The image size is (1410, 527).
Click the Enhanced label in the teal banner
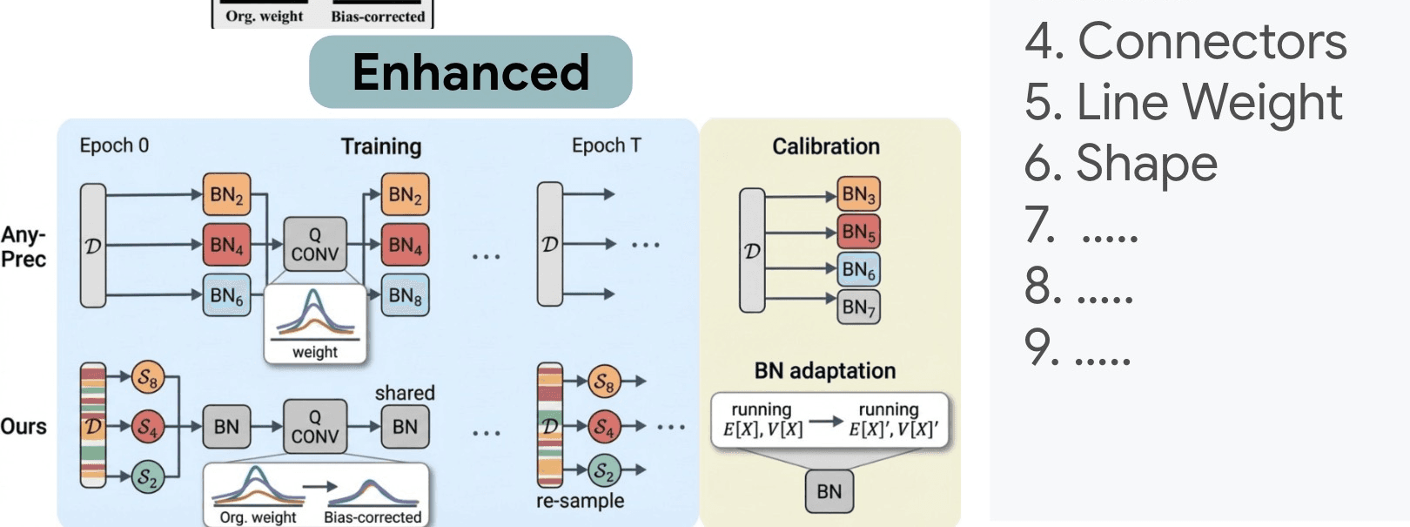tap(471, 72)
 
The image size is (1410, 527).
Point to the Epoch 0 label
tap(114, 145)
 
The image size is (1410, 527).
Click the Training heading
tap(380, 146)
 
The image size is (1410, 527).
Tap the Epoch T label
tap(606, 145)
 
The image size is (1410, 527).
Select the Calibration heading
tap(826, 146)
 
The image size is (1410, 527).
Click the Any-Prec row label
tap(23, 247)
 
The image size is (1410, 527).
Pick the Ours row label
tap(23, 427)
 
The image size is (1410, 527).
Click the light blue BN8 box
tap(406, 296)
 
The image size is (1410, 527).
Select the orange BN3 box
tap(858, 195)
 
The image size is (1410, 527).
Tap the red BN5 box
tap(858, 233)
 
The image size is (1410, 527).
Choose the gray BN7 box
tap(858, 307)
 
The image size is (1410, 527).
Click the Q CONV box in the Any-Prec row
tap(315, 245)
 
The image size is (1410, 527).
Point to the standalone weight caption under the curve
tap(314, 352)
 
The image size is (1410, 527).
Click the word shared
tap(405, 393)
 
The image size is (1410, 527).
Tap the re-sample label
tap(580, 501)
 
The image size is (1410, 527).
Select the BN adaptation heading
tap(824, 371)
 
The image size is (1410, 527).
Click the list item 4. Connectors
tap(1185, 41)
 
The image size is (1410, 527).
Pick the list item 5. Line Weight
tap(1184, 102)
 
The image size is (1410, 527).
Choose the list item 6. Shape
tap(1121, 163)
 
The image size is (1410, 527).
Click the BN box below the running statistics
tap(829, 492)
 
